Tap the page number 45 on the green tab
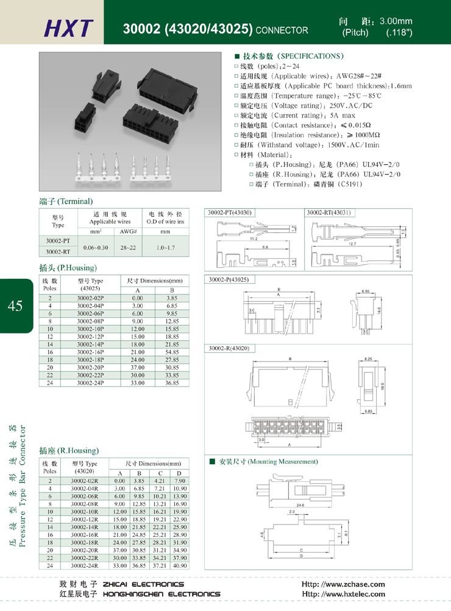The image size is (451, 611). pyautogui.click(x=16, y=305)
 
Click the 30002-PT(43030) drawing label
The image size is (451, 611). pyautogui.click(x=230, y=212)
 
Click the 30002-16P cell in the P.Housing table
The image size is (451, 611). pyautogui.click(x=91, y=352)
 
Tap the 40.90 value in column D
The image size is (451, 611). pyautogui.click(x=180, y=565)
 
